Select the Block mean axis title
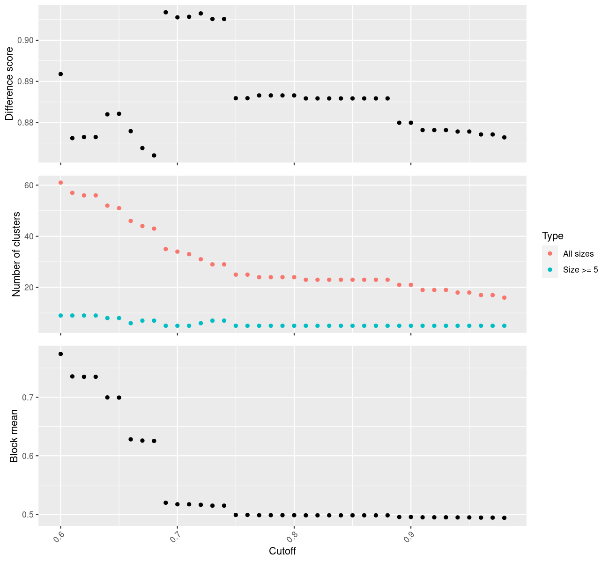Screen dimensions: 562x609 pos(14,436)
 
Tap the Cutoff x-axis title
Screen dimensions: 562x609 pos(282,551)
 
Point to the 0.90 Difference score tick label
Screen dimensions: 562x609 pos(26,41)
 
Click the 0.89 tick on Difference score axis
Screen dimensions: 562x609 pos(26,82)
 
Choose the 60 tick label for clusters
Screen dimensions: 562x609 pos(29,185)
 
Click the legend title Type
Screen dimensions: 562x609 pos(552,236)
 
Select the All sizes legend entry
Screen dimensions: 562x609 pos(578,254)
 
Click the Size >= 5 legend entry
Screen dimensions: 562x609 pos(580,270)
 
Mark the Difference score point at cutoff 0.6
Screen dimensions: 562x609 pos(60,74)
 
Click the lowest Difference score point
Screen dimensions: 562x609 pos(154,155)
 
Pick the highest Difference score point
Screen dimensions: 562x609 pos(166,12)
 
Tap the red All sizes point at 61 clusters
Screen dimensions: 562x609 pos(60,183)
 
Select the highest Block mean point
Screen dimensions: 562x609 pos(60,354)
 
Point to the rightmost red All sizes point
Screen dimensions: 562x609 pos(504,298)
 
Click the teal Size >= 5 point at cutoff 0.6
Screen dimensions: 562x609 pos(60,316)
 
